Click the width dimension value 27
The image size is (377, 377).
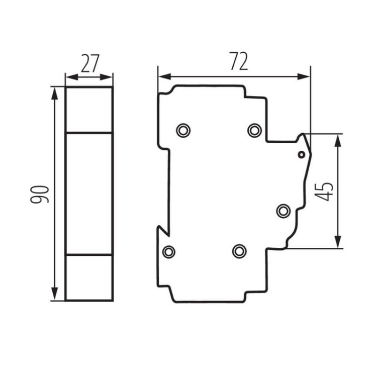[x=89, y=64]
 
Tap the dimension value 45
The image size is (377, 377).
[x=326, y=191]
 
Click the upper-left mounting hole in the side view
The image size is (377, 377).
[x=183, y=131]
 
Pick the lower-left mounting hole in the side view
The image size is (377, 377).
[x=169, y=251]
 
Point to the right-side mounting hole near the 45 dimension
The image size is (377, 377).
[x=284, y=211]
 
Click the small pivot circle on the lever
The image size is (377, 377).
[x=301, y=154]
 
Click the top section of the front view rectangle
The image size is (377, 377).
[x=89, y=110]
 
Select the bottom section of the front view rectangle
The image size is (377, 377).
[x=89, y=277]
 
